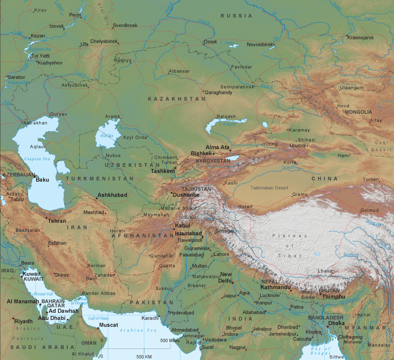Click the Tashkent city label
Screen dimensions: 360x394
(163, 171)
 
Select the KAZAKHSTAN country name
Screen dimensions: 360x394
(176, 100)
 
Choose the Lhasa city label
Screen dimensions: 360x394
(325, 271)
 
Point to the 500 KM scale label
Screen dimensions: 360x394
(144, 356)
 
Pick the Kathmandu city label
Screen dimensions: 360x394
(275, 287)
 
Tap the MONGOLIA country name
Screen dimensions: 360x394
(358, 112)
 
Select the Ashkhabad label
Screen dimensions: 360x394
(112, 195)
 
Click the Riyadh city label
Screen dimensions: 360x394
(23, 321)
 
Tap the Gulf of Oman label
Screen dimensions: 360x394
(98, 318)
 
